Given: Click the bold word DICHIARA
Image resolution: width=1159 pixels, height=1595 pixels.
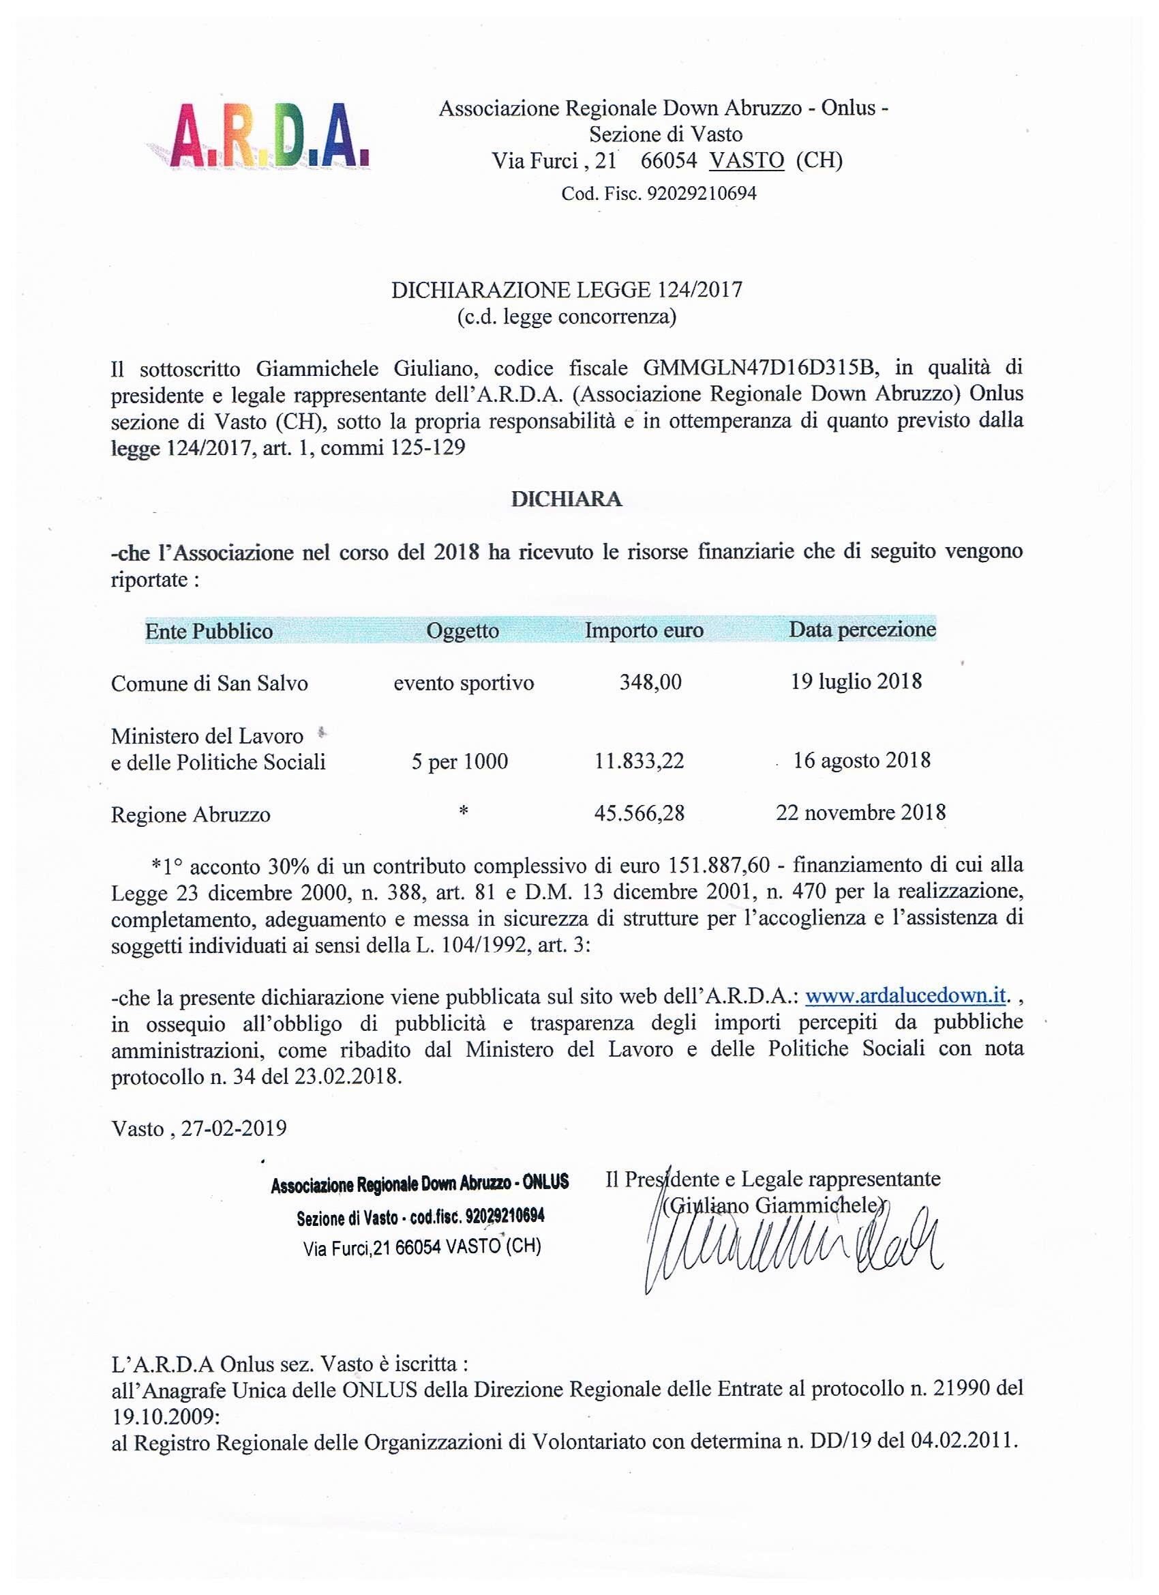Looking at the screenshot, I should [x=566, y=499].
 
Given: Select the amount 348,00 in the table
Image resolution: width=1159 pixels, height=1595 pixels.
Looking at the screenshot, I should [x=650, y=682].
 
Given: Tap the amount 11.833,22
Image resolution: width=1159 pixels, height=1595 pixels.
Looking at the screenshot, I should [x=638, y=761].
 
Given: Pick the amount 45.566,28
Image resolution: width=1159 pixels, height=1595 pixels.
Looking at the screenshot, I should [x=639, y=814].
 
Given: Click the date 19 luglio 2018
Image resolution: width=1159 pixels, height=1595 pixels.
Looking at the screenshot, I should [x=856, y=682].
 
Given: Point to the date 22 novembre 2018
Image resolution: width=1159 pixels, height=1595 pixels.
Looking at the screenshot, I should [x=860, y=813].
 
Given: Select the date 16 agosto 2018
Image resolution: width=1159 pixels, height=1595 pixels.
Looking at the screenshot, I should [x=862, y=760].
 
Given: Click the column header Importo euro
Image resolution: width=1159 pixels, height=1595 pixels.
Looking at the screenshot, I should [x=644, y=630].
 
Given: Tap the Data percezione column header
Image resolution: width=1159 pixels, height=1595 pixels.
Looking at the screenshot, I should [x=862, y=629].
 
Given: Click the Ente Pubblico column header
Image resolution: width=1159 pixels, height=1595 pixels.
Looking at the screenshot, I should [x=209, y=631].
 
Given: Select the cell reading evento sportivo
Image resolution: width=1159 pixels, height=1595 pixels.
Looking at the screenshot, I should [x=463, y=683].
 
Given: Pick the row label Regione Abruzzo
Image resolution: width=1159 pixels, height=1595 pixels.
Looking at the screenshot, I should [x=190, y=815].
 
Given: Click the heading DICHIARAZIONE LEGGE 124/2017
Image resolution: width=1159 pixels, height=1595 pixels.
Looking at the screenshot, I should [x=566, y=291].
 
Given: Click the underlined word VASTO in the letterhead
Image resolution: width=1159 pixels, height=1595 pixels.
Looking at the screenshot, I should [x=747, y=161].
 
